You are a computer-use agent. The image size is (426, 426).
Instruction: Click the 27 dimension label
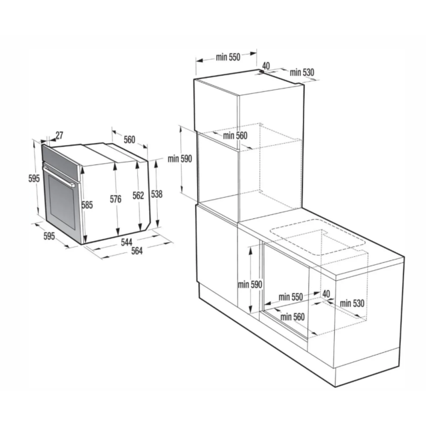pyautogui.click(x=59, y=135)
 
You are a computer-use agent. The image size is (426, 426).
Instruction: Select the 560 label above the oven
pyautogui.click(x=129, y=140)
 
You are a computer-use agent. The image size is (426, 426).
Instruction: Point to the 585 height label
pyautogui.click(x=87, y=204)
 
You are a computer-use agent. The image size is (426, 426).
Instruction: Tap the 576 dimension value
pyautogui.click(x=115, y=199)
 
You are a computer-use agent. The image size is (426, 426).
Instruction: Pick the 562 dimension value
pyautogui.click(x=138, y=195)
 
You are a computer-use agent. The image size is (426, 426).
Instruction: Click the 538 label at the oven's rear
pyautogui.click(x=157, y=194)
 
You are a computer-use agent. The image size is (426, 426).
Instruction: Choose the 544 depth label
pyautogui.click(x=126, y=242)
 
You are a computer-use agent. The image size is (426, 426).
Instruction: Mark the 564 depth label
pyautogui.click(x=137, y=251)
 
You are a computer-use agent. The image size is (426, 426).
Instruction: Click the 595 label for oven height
pyautogui.click(x=34, y=178)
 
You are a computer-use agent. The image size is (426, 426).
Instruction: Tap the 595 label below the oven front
pyautogui.click(x=49, y=236)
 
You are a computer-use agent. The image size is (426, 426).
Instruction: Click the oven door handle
pyautogui.click(x=59, y=176)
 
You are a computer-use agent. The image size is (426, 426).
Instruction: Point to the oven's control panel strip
pyautogui.click(x=61, y=162)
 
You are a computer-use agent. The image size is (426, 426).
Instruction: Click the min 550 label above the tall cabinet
pyautogui.click(x=228, y=57)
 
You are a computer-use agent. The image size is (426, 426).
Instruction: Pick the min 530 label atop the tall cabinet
pyautogui.click(x=302, y=73)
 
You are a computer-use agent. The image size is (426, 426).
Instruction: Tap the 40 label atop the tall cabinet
pyautogui.click(x=266, y=66)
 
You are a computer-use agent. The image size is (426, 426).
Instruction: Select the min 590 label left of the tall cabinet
pyautogui.click(x=180, y=158)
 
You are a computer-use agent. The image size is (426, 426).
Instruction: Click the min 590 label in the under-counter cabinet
pyautogui.click(x=250, y=284)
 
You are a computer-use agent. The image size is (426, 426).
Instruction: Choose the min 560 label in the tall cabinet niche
pyautogui.click(x=235, y=135)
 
